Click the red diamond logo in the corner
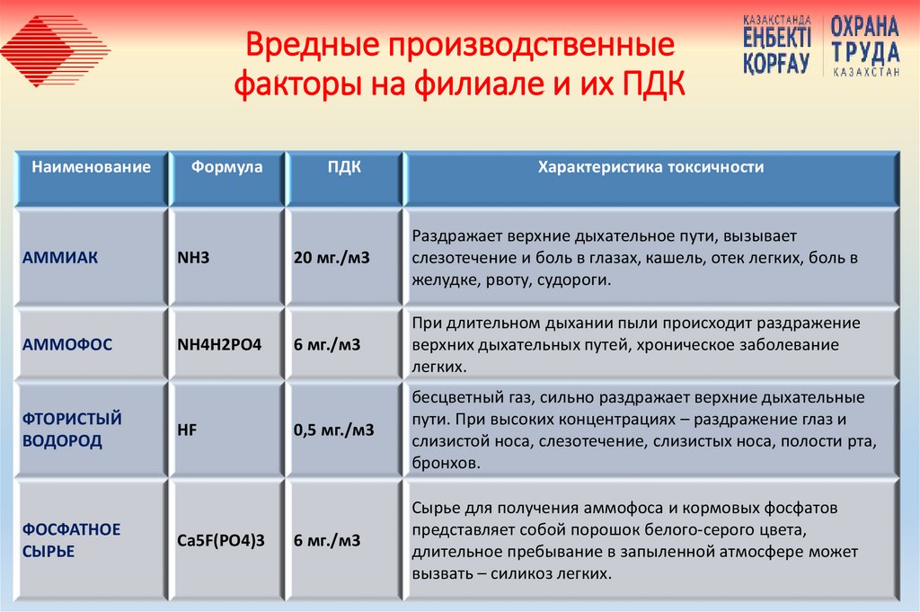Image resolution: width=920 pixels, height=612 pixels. [x=56, y=49]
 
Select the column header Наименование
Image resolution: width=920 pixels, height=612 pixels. [x=92, y=167]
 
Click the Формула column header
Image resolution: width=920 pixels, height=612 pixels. [x=226, y=167]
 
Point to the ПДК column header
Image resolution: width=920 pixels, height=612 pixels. [x=344, y=167]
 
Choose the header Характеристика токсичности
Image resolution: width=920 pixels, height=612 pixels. [x=650, y=167]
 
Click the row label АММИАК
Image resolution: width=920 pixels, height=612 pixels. [x=61, y=258]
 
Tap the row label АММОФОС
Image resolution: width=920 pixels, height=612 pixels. [x=68, y=344]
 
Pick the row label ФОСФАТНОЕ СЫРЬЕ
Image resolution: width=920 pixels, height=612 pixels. [x=72, y=540]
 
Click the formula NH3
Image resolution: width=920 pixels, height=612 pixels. [x=194, y=258]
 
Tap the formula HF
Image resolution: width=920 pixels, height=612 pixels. [x=188, y=430]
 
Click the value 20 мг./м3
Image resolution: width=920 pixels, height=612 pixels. [x=332, y=258]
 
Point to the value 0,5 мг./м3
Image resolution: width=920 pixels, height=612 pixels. [x=334, y=430]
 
